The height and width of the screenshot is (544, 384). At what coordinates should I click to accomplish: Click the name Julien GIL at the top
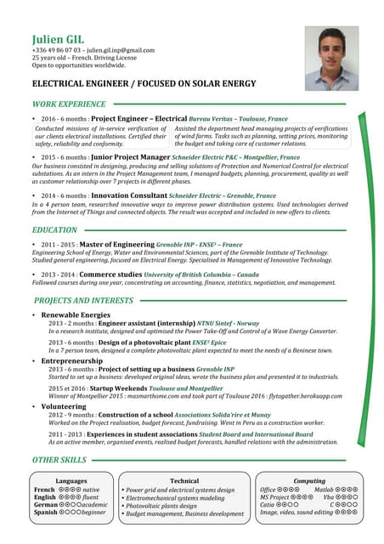coord(57,39)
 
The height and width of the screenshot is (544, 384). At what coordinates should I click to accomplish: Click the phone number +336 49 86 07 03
coord(57,51)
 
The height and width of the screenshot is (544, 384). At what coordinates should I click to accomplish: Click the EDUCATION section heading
coord(54,230)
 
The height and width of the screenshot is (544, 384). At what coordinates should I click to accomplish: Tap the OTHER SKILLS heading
coord(59,460)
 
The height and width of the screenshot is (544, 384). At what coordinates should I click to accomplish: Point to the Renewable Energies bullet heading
coord(76,315)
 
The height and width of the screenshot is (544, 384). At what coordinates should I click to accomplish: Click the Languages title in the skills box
coord(71,481)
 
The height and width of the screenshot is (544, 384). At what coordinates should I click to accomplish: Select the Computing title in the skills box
coord(308,481)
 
